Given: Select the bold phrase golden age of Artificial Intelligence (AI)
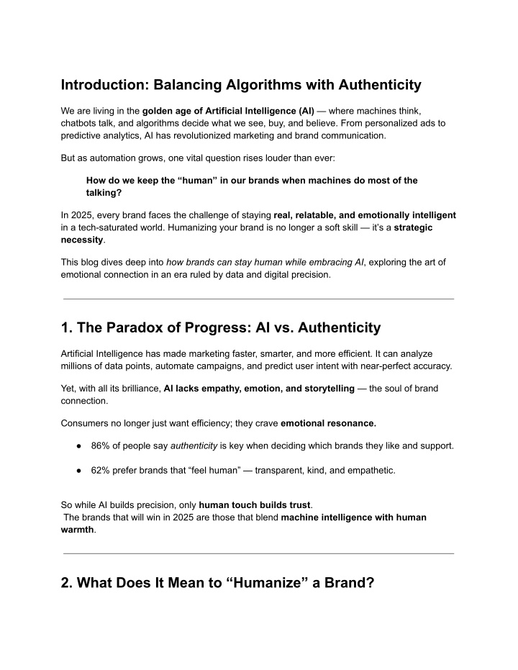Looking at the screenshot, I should pos(223,112).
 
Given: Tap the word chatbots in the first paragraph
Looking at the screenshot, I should pos(81,123).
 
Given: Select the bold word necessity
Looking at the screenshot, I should pos(82,239).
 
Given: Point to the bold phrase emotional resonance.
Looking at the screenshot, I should pos(328,422).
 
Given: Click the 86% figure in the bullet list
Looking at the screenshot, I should pos(101,445).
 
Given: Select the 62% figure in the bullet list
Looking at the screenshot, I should pos(101,471).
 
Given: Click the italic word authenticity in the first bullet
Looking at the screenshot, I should pos(194,445).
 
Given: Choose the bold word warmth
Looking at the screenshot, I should pos(77,529).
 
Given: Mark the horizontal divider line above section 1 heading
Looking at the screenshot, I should pos(259,299).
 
